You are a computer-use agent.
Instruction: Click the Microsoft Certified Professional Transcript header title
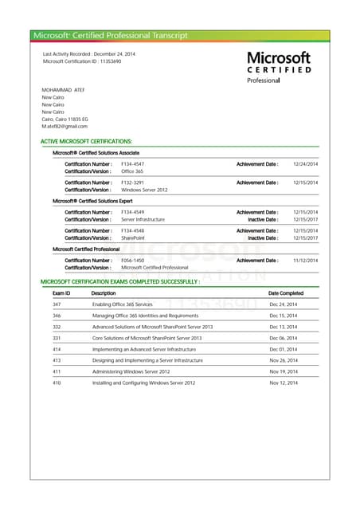[x=111, y=35]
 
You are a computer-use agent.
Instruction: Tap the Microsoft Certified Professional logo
[x=279, y=67]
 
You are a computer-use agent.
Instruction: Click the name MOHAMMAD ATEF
[x=63, y=90]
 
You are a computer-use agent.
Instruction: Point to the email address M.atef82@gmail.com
[x=65, y=126]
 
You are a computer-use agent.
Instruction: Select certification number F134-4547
[x=133, y=163]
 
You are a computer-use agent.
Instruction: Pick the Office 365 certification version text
[x=132, y=171]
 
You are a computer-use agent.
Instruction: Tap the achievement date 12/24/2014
[x=305, y=163]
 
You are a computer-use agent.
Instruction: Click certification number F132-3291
[x=133, y=182]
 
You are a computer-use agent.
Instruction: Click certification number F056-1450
[x=133, y=260]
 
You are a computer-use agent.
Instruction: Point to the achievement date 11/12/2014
[x=305, y=260]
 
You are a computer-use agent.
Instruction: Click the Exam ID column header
[x=61, y=293]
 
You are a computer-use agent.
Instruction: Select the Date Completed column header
[x=286, y=293]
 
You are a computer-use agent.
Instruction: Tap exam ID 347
[x=57, y=304]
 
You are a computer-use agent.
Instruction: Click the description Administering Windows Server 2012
[x=131, y=371]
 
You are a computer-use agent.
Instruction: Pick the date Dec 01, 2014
[x=283, y=349]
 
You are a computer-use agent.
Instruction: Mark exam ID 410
[x=57, y=382]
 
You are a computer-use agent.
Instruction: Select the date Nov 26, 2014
[x=283, y=360]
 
